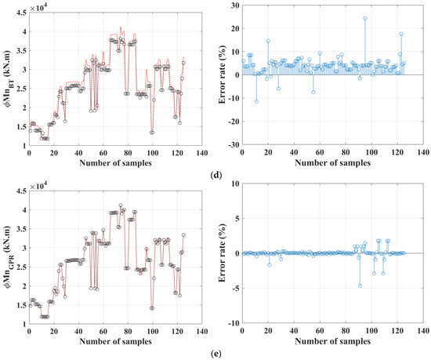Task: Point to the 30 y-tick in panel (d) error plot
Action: (x=234, y=7)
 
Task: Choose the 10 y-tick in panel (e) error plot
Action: (x=234, y=185)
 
